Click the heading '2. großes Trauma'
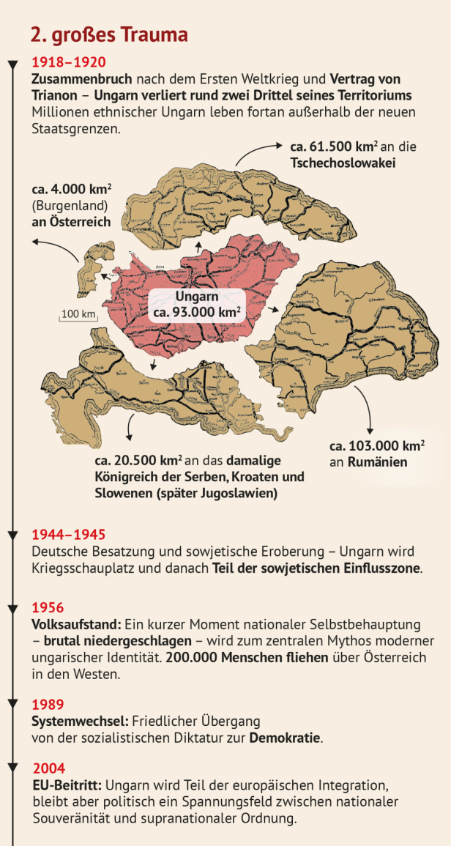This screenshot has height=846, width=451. pos(109,34)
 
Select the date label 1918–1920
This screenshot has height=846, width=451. pos(69,62)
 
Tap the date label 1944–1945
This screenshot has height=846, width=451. pos(69,535)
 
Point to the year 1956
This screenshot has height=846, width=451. pos(48,608)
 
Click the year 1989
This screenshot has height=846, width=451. pos(48,705)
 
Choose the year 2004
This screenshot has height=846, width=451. pos(49,768)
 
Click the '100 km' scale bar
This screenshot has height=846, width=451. pos(78,315)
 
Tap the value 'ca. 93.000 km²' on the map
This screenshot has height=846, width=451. pos(197,312)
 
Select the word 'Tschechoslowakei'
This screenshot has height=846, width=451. pos(343,162)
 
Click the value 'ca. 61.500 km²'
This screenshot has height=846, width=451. pos(329,146)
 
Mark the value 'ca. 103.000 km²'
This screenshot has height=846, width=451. pos(376,446)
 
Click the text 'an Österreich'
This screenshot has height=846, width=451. pos(70,221)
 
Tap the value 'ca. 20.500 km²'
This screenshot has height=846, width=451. pos(138,461)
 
